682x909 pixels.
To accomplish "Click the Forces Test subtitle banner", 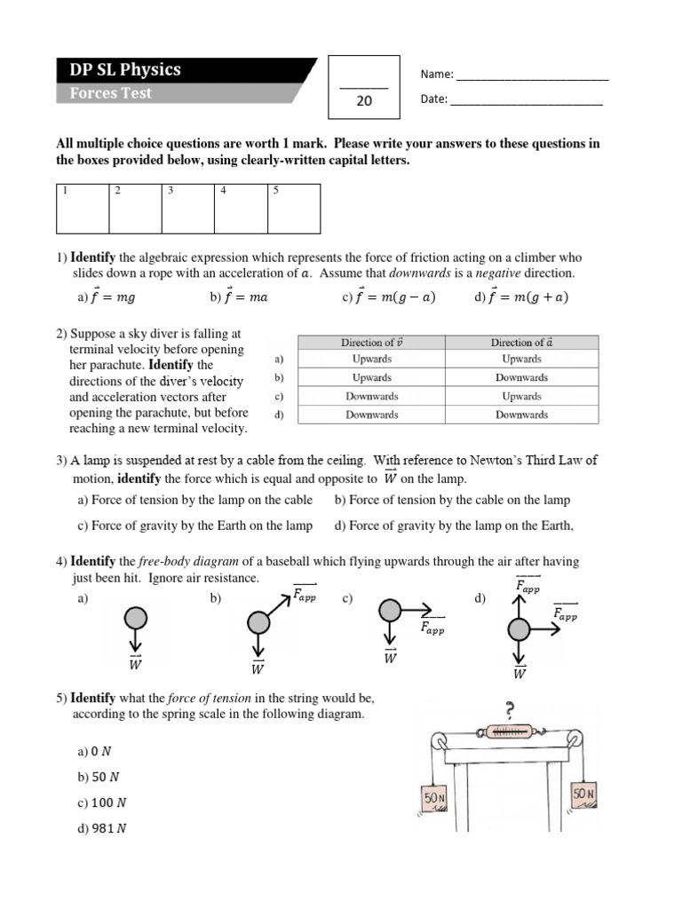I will [x=111, y=93].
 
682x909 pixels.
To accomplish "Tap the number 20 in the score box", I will [x=364, y=101].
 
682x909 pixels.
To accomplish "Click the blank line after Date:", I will [x=527, y=101].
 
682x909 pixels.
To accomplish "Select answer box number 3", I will [x=187, y=209].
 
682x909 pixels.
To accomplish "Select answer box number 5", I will [x=294, y=209].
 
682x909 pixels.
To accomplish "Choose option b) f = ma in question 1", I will [x=239, y=297].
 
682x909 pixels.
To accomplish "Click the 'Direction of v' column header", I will [x=371, y=343].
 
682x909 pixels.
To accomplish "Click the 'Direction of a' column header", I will [x=521, y=343].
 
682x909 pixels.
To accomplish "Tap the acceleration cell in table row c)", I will [x=521, y=396].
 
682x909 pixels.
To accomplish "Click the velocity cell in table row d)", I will [x=371, y=415].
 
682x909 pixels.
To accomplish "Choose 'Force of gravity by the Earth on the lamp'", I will [x=194, y=526].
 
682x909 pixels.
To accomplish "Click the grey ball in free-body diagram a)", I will [x=136, y=617].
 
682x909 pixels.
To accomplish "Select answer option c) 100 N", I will [x=102, y=802].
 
